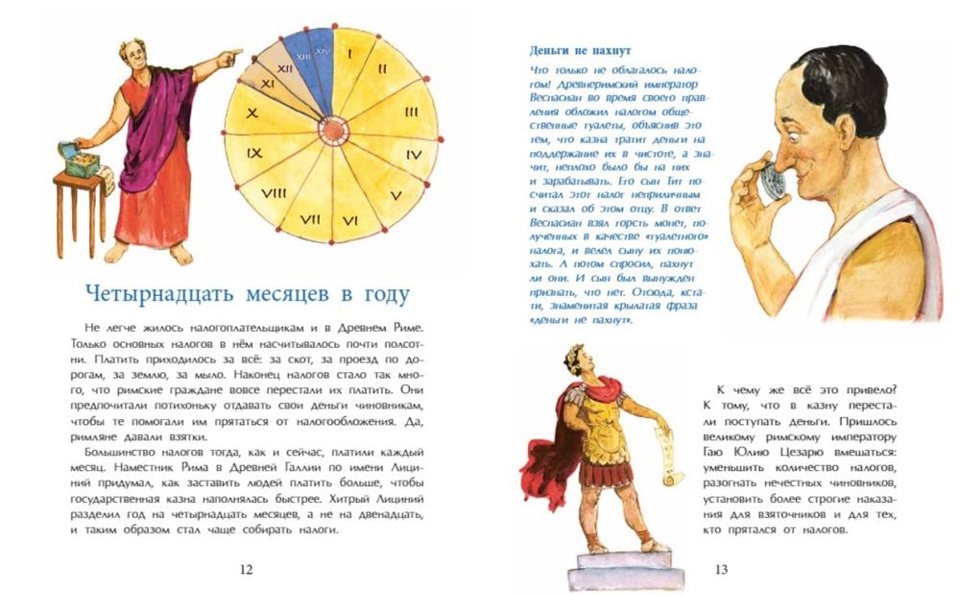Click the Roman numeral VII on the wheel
pos(309,219)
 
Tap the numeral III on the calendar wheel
pos(411,112)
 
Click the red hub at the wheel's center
pos(332,129)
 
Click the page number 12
pos(245,570)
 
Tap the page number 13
pos(721,570)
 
